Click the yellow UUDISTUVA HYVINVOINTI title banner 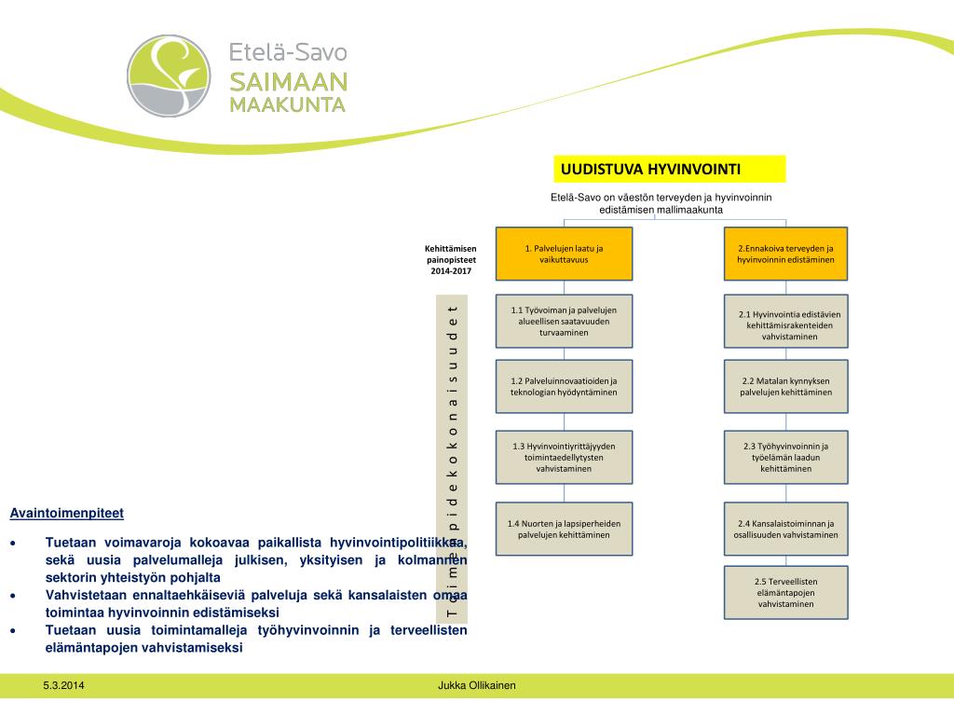click(x=670, y=169)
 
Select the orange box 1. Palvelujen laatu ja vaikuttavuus click(x=564, y=254)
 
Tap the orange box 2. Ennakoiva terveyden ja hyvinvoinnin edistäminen click(x=786, y=254)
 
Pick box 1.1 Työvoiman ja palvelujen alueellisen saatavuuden click(x=564, y=322)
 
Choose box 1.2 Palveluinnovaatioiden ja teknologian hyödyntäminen click(x=564, y=387)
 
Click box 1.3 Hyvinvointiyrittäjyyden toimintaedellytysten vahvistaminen click(x=564, y=457)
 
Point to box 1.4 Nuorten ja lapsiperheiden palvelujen click(x=564, y=530)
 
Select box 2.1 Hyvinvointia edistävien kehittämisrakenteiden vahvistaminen click(x=786, y=324)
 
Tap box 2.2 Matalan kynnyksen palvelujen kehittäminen click(x=786, y=387)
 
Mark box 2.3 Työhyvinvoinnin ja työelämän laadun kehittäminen click(x=786, y=457)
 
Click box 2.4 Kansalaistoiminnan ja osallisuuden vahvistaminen click(x=786, y=530)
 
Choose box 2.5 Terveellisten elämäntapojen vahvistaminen click(x=786, y=593)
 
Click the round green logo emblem click(x=169, y=76)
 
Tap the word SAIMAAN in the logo click(x=289, y=81)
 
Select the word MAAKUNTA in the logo click(x=288, y=103)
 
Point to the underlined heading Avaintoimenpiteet click(x=66, y=513)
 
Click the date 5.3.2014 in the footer click(x=62, y=686)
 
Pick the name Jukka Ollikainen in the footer click(x=476, y=686)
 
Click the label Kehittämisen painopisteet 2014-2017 click(x=451, y=259)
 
